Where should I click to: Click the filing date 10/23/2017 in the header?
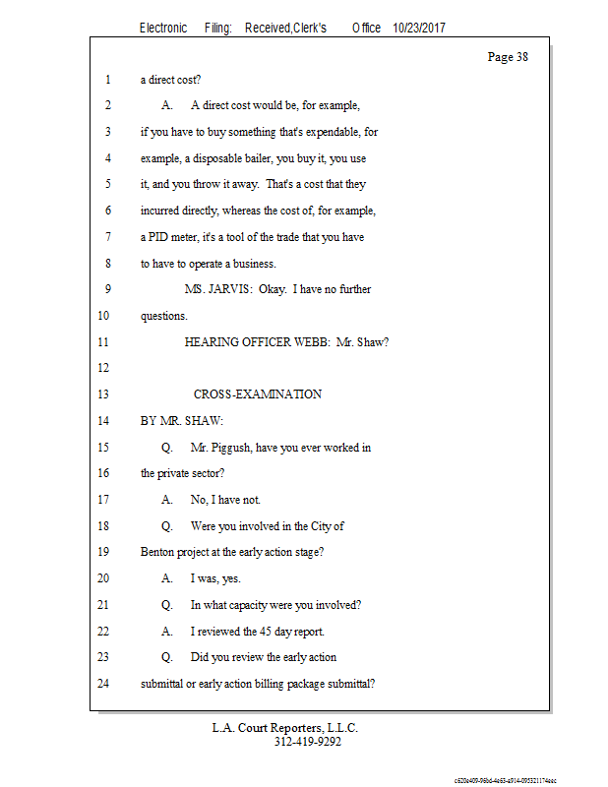tap(418, 28)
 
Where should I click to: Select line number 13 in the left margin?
tap(104, 394)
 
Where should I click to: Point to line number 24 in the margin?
tap(104, 684)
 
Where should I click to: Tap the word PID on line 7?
tap(159, 237)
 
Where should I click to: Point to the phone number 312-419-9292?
tap(307, 742)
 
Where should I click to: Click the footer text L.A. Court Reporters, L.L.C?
tap(285, 728)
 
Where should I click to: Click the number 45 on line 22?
tap(267, 631)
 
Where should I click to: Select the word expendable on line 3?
tap(324, 131)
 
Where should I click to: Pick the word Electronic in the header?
tap(163, 28)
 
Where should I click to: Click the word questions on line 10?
tap(163, 316)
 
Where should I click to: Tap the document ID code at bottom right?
tap(505, 778)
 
